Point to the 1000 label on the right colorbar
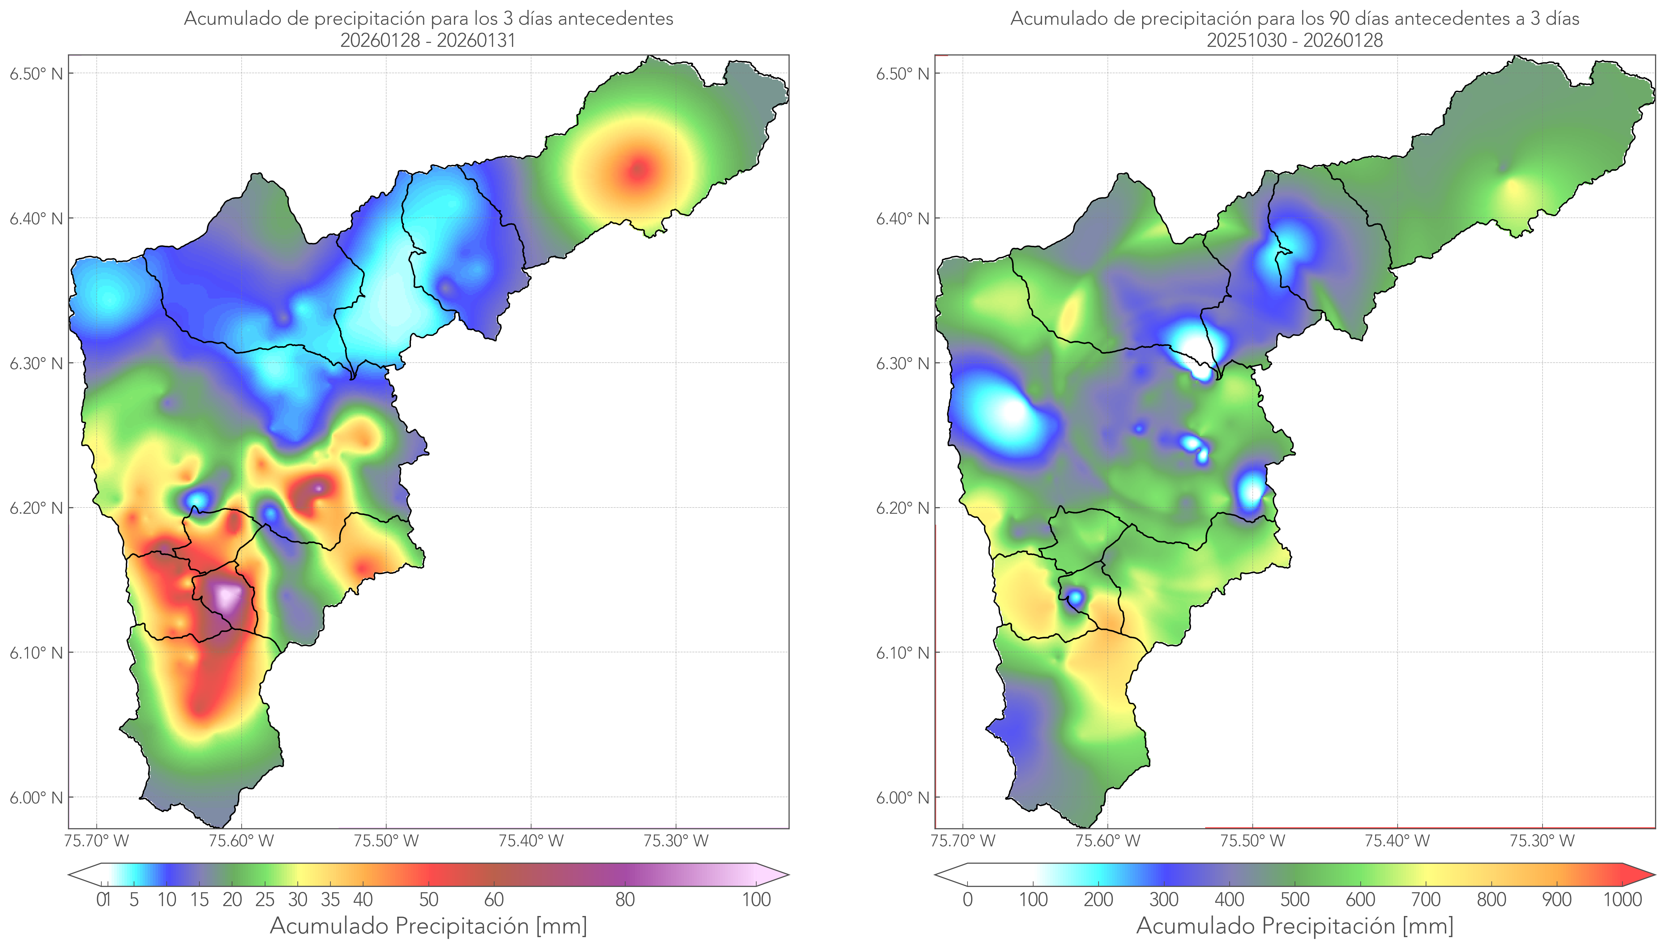point(1622,900)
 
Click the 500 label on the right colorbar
point(1295,900)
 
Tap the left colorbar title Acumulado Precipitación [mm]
point(428,926)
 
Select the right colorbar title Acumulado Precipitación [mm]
point(1295,926)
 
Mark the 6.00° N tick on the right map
point(903,798)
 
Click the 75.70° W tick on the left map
point(96,841)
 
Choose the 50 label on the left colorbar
point(428,900)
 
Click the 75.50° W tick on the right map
point(1252,841)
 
